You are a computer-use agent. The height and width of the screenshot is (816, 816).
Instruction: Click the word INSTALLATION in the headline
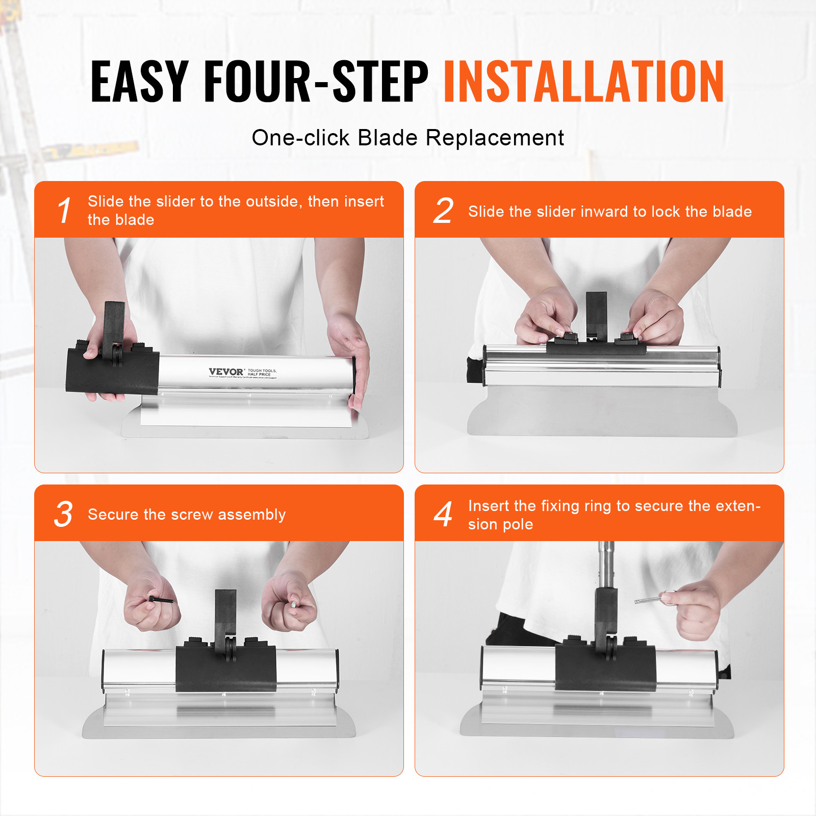[583, 82]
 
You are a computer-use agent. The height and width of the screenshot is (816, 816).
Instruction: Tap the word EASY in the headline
[139, 82]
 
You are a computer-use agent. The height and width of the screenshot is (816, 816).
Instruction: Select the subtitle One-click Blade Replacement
[407, 138]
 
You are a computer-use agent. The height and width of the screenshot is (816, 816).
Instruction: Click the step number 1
[64, 210]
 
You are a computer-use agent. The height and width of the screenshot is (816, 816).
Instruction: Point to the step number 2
[443, 210]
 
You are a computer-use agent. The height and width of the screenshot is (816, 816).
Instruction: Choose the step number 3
[63, 514]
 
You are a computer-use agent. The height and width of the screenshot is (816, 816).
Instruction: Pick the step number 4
[443, 514]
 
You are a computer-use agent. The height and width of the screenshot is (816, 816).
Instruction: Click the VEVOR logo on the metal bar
[226, 372]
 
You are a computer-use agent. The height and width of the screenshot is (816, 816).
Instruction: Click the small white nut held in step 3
[294, 603]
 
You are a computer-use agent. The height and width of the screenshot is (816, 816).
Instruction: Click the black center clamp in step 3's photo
[226, 668]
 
